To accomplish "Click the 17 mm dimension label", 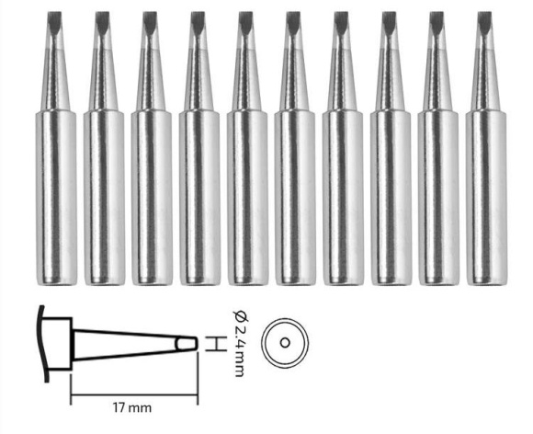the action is tap(132, 407).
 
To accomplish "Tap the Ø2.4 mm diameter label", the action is tap(241, 344).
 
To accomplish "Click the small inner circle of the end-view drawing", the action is tap(285, 343).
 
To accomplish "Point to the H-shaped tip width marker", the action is tap(216, 344).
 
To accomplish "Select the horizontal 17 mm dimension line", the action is tap(134, 395).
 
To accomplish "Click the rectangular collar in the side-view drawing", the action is tap(57, 344).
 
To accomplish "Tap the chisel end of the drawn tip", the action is tap(187, 344).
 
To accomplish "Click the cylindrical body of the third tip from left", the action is tap(152, 198).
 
